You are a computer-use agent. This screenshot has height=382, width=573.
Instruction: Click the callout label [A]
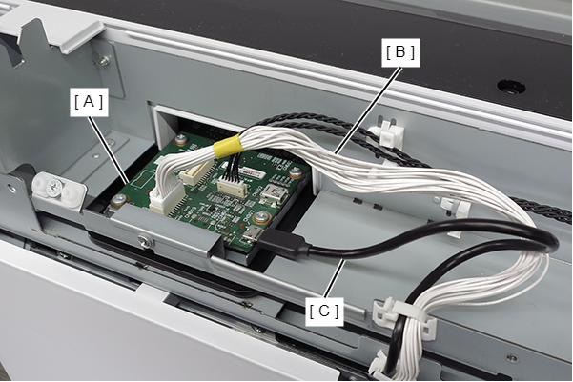[x=89, y=102]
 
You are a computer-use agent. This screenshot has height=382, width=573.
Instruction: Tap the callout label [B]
[x=400, y=52]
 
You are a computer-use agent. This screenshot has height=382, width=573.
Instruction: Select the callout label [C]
[x=324, y=312]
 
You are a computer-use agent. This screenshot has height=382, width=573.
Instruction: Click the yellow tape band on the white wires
[x=226, y=146]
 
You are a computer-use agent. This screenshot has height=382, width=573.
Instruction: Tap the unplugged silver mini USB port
[x=273, y=192]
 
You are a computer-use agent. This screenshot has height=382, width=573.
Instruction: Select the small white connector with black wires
[x=232, y=188]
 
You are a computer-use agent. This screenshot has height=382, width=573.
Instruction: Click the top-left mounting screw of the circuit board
[x=180, y=139]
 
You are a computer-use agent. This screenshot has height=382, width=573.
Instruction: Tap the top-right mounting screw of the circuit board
[x=296, y=171]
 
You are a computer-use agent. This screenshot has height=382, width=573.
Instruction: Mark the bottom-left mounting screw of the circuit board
[x=118, y=199]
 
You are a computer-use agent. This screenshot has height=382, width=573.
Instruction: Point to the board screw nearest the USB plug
[x=261, y=217]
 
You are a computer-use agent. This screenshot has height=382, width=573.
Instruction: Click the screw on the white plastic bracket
[x=53, y=189]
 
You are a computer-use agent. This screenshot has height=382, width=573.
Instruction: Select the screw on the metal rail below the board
[x=144, y=241]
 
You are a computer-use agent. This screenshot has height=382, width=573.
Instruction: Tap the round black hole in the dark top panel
[x=511, y=87]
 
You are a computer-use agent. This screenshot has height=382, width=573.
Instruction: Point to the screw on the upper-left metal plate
[x=105, y=60]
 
